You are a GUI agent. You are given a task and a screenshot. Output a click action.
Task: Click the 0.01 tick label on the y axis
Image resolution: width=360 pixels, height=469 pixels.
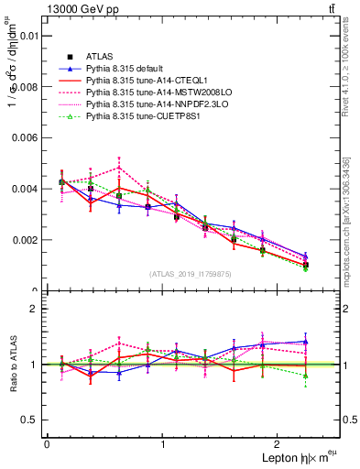[x=27, y=36]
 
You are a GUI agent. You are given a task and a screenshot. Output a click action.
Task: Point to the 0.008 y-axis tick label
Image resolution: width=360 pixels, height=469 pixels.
[x=24, y=87]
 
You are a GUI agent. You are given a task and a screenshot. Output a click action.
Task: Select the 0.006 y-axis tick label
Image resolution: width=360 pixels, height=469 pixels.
[x=24, y=137]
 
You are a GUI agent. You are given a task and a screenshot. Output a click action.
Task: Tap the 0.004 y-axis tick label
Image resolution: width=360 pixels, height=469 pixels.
[x=24, y=189]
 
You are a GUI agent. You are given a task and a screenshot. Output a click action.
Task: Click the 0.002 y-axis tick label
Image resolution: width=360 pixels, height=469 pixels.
[x=24, y=240]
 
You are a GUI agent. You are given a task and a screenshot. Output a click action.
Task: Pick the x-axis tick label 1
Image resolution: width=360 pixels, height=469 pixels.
[x=163, y=444]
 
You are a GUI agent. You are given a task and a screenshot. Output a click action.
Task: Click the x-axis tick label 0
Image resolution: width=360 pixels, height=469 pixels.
[x=47, y=444]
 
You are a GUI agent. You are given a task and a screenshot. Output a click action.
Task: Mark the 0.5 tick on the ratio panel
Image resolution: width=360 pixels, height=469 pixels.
[x=30, y=420]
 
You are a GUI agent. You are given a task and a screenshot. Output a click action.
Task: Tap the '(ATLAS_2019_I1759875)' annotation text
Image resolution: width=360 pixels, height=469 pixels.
[x=189, y=273]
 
